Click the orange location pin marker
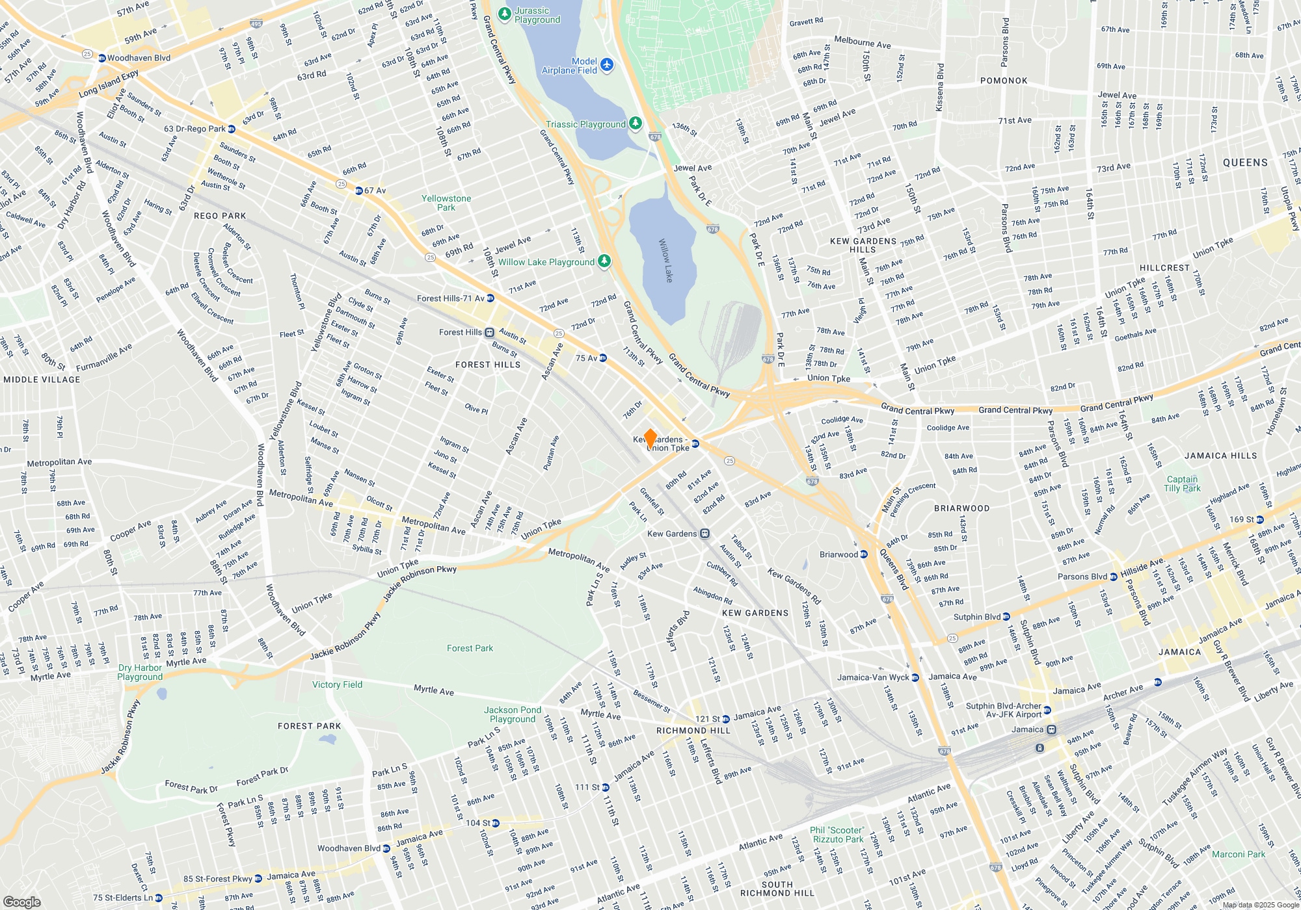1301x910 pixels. (x=649, y=438)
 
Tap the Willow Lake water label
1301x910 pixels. (x=665, y=260)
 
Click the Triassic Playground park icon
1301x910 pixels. (x=636, y=123)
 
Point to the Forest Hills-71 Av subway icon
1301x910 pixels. (x=490, y=298)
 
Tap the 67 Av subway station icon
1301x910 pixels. (x=358, y=190)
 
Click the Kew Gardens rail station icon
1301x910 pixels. (x=704, y=534)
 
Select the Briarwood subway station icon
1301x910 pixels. (x=864, y=554)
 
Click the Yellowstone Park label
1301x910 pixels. (x=446, y=203)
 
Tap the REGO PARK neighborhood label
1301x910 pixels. (x=220, y=216)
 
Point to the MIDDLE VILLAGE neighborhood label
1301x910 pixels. (x=42, y=380)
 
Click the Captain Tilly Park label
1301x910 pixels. (x=1182, y=484)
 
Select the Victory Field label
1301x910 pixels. (x=337, y=684)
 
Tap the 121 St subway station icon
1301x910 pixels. (x=726, y=719)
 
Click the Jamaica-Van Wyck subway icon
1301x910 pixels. (x=915, y=677)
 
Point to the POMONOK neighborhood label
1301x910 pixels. (x=1004, y=81)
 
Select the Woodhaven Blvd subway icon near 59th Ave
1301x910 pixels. (x=102, y=58)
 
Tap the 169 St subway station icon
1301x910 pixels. (x=1260, y=519)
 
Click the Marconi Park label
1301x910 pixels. (x=1239, y=854)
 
